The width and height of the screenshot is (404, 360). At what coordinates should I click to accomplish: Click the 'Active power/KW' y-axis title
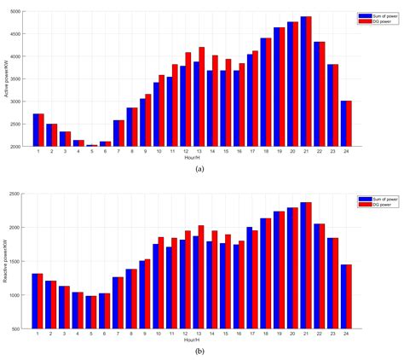(8, 78)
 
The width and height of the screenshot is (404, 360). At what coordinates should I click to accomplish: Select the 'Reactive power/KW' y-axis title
(8, 261)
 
